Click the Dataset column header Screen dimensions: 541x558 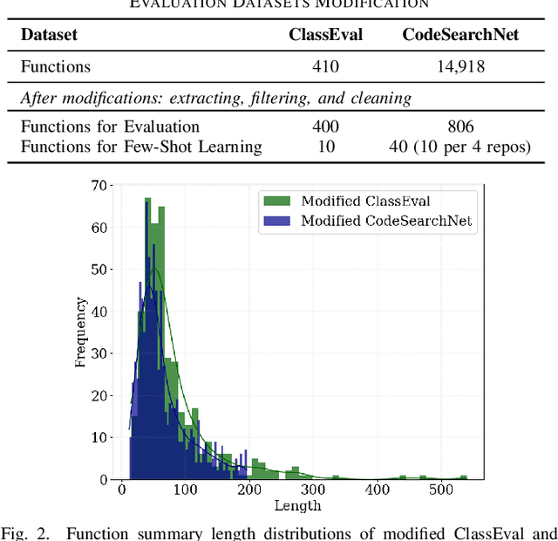click(49, 36)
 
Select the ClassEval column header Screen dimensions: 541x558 click(325, 36)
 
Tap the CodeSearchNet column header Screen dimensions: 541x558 click(460, 36)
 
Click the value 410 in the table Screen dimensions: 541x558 click(325, 66)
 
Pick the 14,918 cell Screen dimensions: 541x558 click(460, 66)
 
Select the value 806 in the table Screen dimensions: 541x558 click(460, 127)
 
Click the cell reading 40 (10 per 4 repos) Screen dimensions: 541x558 click(460, 147)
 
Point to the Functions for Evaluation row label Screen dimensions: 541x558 click(110, 127)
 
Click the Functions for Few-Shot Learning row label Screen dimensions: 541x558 click(140, 147)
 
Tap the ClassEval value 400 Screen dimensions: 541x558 click(325, 127)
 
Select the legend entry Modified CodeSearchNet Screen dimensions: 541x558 click(386, 221)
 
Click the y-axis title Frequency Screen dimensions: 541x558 click(80, 332)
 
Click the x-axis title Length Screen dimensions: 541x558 click(298, 506)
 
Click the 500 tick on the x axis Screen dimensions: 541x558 click(442, 490)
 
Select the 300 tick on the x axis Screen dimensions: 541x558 click(314, 490)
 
